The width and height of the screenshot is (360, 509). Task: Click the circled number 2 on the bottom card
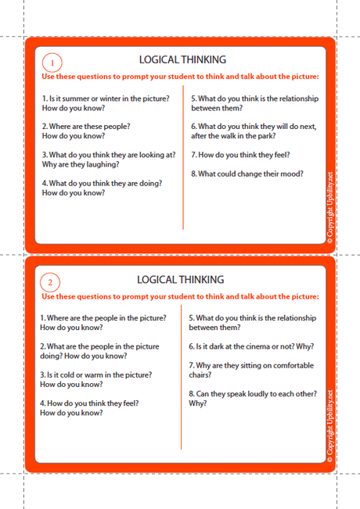tap(50, 283)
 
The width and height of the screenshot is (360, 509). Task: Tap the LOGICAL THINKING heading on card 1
tap(182, 59)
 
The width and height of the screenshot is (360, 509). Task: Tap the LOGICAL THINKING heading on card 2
tap(180, 279)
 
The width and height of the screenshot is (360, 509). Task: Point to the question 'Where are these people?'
tap(86, 131)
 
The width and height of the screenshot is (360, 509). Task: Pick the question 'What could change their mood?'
tap(247, 174)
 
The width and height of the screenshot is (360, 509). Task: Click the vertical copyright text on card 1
tap(330, 207)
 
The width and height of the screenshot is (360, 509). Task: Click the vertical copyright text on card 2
tap(330, 426)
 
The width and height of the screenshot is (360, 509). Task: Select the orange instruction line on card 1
tap(180, 77)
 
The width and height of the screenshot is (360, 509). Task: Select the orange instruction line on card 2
tap(180, 296)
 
